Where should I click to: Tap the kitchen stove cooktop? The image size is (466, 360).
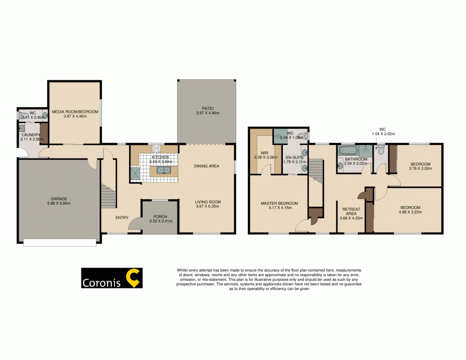(x=156, y=149)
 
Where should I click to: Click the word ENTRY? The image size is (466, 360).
(x=122, y=217)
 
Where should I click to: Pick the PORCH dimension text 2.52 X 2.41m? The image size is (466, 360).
(x=160, y=221)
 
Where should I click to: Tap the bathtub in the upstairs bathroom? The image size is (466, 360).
(x=347, y=151)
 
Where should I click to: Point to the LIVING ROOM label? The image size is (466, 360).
(x=207, y=202)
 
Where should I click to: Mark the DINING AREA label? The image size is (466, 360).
(x=206, y=166)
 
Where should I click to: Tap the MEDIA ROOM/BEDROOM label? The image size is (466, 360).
(x=75, y=112)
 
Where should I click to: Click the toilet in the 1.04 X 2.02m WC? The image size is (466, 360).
(x=381, y=150)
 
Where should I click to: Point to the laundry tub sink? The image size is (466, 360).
(x=22, y=128)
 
